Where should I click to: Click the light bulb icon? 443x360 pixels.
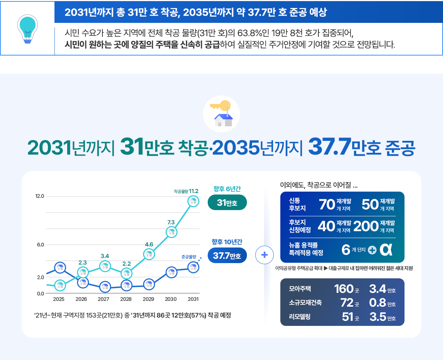[x=27, y=29]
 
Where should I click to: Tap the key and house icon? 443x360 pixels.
[x=221, y=114]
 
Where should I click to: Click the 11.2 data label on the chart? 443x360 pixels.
[x=194, y=191]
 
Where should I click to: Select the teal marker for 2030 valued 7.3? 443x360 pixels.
[x=171, y=232]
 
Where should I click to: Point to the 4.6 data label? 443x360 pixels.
[x=149, y=245]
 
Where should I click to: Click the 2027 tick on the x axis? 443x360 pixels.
[x=103, y=299]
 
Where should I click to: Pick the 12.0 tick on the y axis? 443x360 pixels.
[x=40, y=196]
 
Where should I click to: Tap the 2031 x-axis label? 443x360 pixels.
[x=193, y=299]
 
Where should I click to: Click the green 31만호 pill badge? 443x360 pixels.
[x=227, y=202]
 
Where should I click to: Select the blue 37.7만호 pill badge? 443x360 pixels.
[x=227, y=255]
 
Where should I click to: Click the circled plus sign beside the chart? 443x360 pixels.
[x=264, y=255]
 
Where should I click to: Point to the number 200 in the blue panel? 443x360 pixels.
[x=366, y=226]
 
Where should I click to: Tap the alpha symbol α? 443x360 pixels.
[x=386, y=250]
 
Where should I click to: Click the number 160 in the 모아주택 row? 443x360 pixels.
[x=344, y=289]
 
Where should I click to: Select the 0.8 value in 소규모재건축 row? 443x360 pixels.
[x=377, y=303]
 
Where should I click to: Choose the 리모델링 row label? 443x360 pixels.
[x=300, y=317]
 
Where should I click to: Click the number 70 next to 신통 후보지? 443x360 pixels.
[x=327, y=205]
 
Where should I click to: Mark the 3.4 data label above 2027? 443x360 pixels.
[x=105, y=256]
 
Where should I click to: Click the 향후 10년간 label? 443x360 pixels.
[x=227, y=242]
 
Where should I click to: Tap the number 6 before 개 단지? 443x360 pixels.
[x=346, y=250]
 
